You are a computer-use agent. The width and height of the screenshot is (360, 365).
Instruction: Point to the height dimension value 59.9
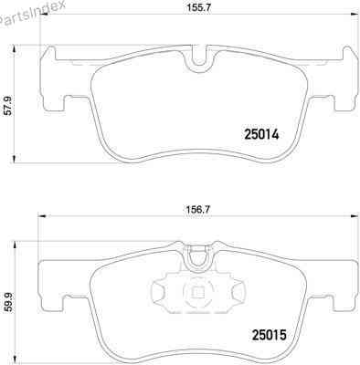click(x=8, y=301)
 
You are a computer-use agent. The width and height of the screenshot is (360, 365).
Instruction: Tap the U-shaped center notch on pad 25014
click(x=196, y=62)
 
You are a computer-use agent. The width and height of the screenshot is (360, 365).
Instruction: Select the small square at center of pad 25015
click(x=196, y=293)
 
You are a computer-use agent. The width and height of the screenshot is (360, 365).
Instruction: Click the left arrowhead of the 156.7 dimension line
click(x=38, y=219)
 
